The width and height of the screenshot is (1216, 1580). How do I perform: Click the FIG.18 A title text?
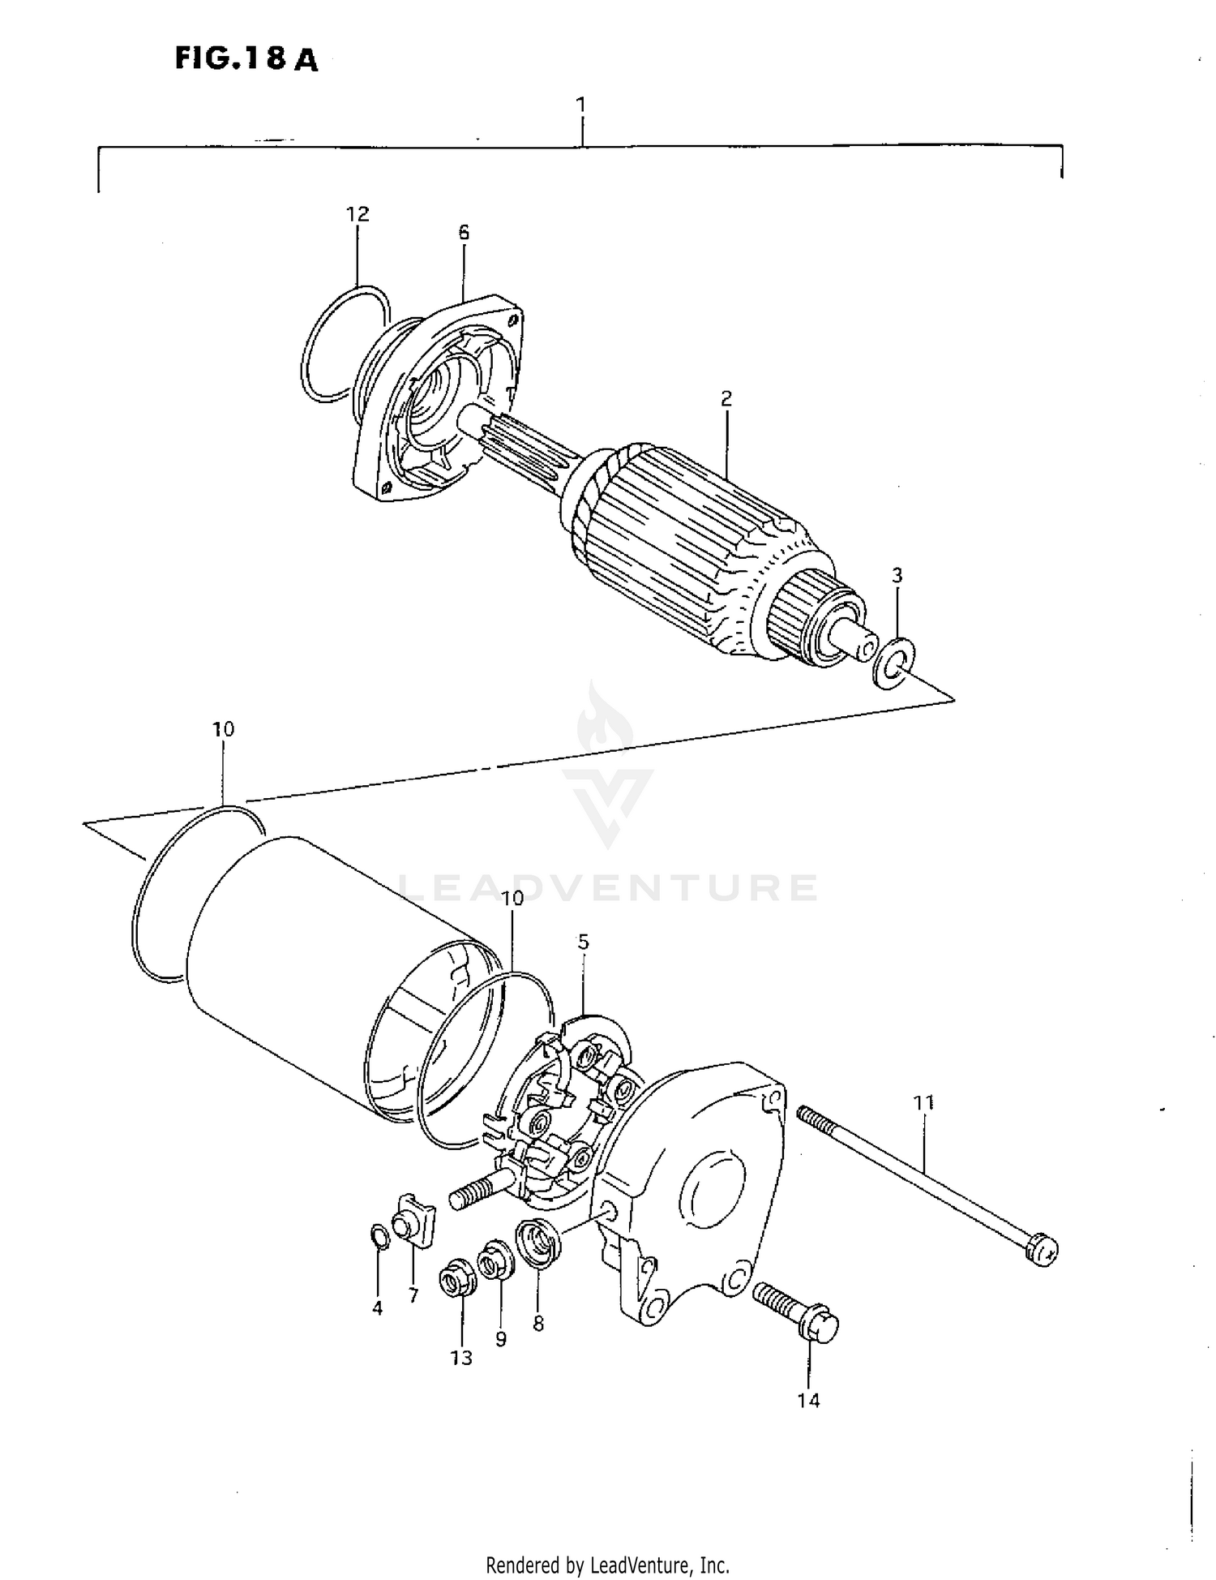(246, 59)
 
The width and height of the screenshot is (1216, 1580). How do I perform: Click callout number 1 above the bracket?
(580, 105)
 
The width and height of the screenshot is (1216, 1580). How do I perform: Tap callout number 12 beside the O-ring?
(357, 214)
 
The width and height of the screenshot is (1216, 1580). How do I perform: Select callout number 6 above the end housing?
(463, 233)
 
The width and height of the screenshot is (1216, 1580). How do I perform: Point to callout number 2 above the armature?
(726, 398)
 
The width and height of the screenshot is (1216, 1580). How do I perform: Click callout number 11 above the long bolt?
(923, 1102)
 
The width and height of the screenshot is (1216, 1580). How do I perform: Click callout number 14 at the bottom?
(808, 1400)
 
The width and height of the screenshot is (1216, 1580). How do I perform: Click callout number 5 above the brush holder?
(583, 942)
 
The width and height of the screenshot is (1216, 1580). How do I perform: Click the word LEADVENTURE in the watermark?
(608, 888)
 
